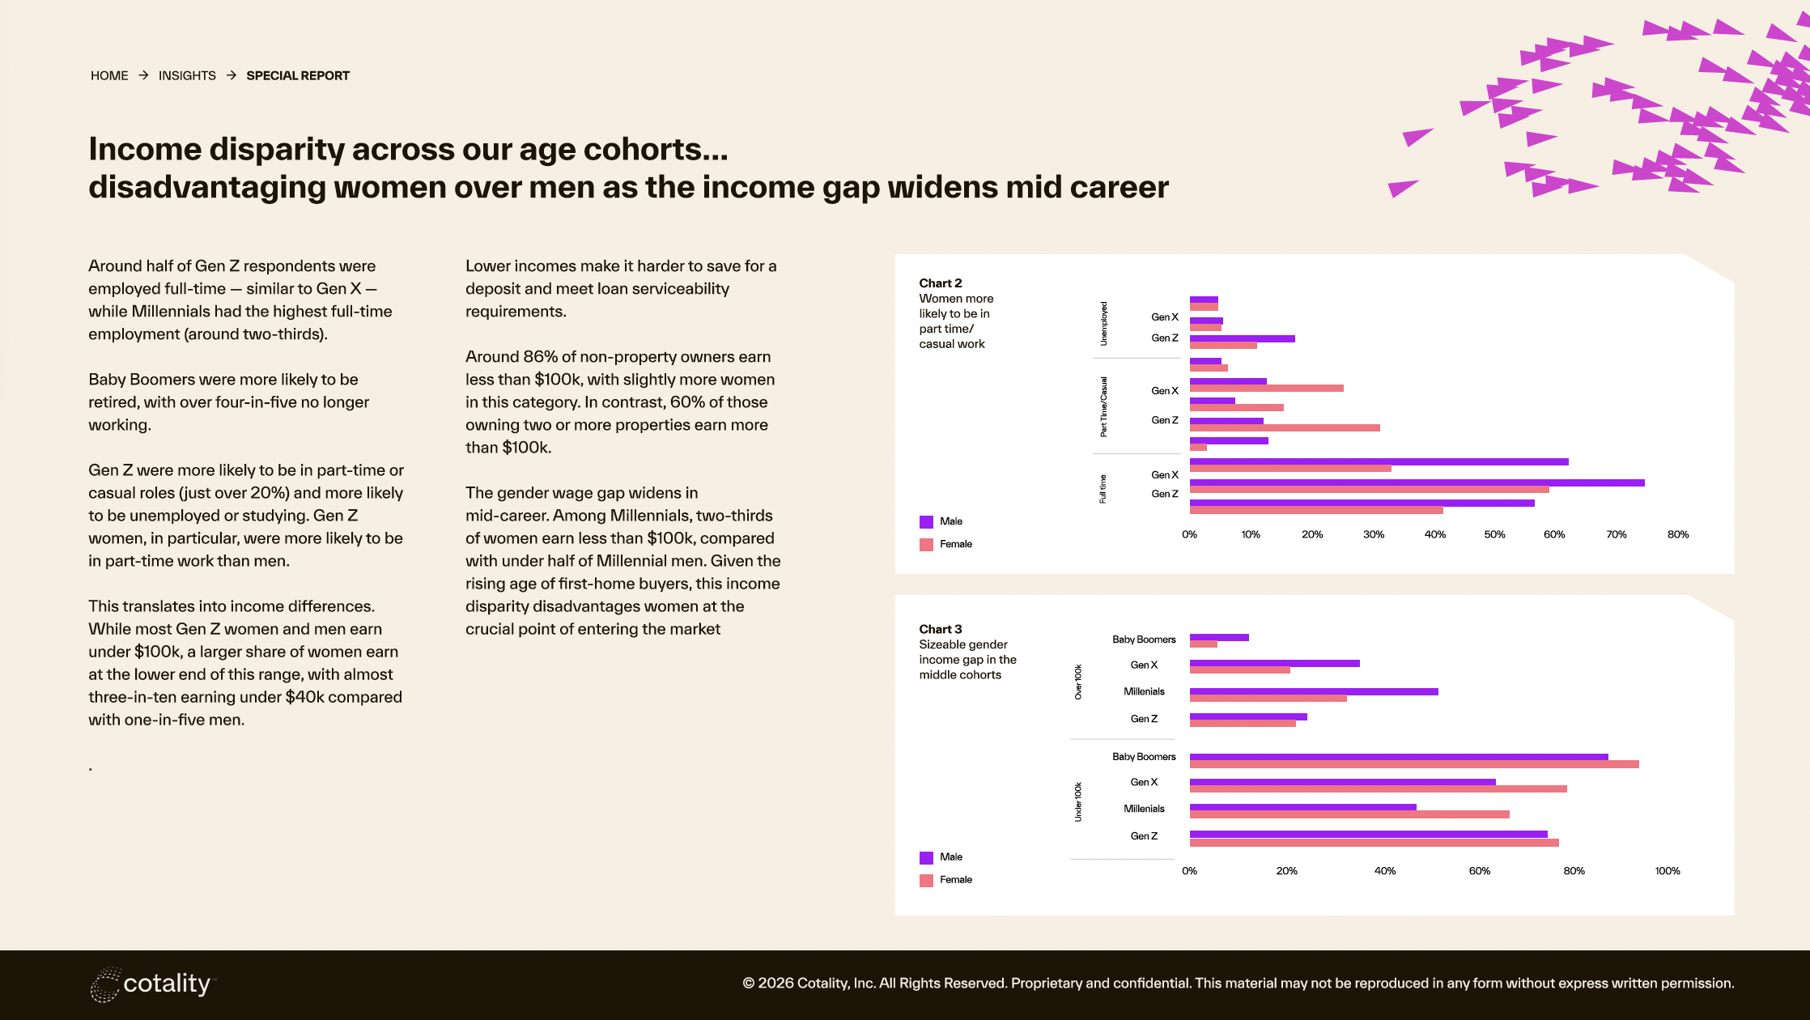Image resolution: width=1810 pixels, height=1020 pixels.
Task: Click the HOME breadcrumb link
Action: click(109, 75)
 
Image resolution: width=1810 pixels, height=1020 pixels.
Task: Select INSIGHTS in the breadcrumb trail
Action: click(187, 75)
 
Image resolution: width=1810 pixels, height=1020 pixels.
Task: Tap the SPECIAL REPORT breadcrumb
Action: click(298, 75)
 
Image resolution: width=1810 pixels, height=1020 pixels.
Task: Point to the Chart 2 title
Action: click(940, 283)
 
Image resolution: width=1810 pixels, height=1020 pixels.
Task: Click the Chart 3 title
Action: click(940, 629)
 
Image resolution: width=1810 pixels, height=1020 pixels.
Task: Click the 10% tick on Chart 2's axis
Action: click(1251, 534)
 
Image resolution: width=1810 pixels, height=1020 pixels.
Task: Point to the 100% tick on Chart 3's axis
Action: click(1668, 871)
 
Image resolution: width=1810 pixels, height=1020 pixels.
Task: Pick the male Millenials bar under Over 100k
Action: click(1313, 691)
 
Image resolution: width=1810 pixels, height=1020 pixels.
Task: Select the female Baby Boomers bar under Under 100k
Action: click(1413, 764)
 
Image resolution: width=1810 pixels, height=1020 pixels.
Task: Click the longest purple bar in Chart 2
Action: click(1417, 482)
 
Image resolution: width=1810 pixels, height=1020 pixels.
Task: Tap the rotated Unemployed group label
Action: click(1103, 324)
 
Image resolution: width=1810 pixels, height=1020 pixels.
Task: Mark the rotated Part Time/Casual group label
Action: click(1103, 406)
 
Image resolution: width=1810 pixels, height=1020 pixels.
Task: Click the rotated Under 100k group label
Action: click(1078, 801)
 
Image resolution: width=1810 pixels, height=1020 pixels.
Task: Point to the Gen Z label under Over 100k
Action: click(1144, 719)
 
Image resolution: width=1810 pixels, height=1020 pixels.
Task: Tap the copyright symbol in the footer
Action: click(749, 984)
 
